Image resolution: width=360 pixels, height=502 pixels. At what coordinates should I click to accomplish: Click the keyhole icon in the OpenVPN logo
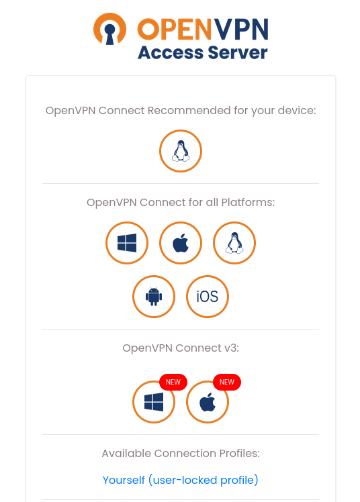[109, 29]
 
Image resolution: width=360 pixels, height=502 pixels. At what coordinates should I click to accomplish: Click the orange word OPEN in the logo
[175, 30]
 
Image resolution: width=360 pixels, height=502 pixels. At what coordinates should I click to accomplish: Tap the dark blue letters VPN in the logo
[241, 30]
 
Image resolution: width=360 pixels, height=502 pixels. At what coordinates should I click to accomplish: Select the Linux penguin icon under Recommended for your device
[181, 151]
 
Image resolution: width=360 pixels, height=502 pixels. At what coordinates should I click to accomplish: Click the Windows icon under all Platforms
[127, 243]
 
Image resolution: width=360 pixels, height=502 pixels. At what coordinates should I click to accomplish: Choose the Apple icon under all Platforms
[181, 243]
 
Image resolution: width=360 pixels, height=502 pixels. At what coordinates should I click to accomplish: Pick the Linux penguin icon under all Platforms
[234, 243]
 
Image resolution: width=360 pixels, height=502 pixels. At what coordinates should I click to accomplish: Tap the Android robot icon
[154, 297]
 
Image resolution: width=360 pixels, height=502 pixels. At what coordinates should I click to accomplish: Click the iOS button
[208, 297]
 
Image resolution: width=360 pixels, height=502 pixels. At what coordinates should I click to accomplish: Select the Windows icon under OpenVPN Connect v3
[154, 402]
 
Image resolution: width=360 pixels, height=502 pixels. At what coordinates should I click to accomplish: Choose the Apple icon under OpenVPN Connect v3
[208, 402]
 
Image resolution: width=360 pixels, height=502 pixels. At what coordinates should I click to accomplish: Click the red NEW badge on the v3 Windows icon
[173, 382]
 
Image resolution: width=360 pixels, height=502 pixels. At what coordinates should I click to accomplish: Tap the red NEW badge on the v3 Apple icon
[227, 382]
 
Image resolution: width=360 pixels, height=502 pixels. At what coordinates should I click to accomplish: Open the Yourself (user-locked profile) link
[180, 481]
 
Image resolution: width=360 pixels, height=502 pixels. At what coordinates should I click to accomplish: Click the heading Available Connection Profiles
[181, 453]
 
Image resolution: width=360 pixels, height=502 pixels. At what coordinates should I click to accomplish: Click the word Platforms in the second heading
[248, 202]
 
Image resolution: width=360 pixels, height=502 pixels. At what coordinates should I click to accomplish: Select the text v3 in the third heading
[232, 348]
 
